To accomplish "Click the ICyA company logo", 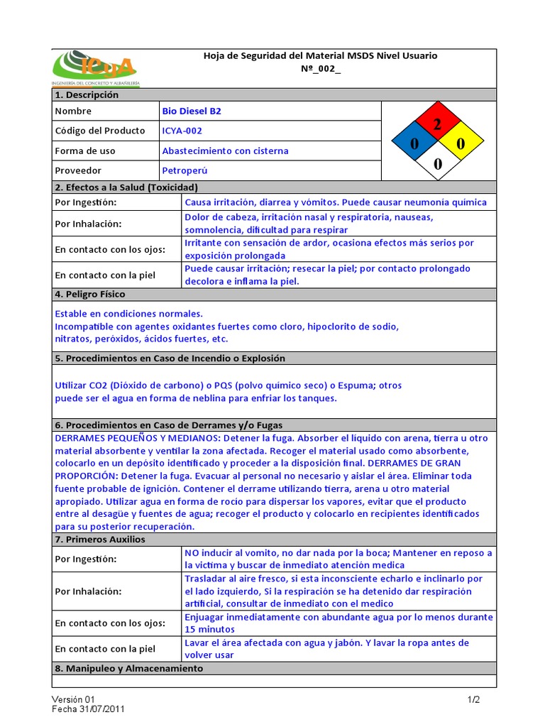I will [x=96, y=68].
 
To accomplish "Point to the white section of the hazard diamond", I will [x=437, y=164].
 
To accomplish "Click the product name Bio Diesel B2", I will [x=192, y=111].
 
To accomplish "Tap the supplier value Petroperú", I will [x=185, y=170].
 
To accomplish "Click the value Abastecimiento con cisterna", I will [x=225, y=151].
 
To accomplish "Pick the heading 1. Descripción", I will [x=87, y=95].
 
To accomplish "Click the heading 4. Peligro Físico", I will [x=89, y=294].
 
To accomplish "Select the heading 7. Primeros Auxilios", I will [x=99, y=540].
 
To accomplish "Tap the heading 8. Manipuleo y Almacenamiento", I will [x=128, y=669].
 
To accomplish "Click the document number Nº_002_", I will [x=321, y=70].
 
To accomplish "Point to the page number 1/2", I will [x=473, y=699].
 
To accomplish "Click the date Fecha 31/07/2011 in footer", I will [x=89, y=709].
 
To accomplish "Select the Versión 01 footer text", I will [x=72, y=699].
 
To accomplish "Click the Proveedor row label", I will [x=78, y=170].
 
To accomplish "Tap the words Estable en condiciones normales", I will [x=128, y=313].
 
